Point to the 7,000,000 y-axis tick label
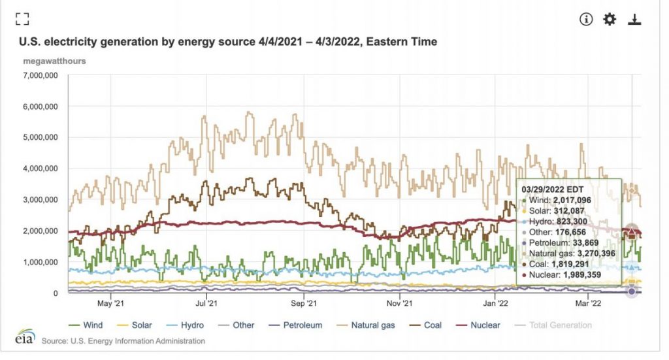pos(40,75)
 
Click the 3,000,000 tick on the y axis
pos(40,200)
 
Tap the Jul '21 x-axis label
pos(206,303)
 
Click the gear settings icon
pos(610,19)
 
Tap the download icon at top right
pos(634,19)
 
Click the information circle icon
pos(586,19)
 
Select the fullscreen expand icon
pos(22,19)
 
